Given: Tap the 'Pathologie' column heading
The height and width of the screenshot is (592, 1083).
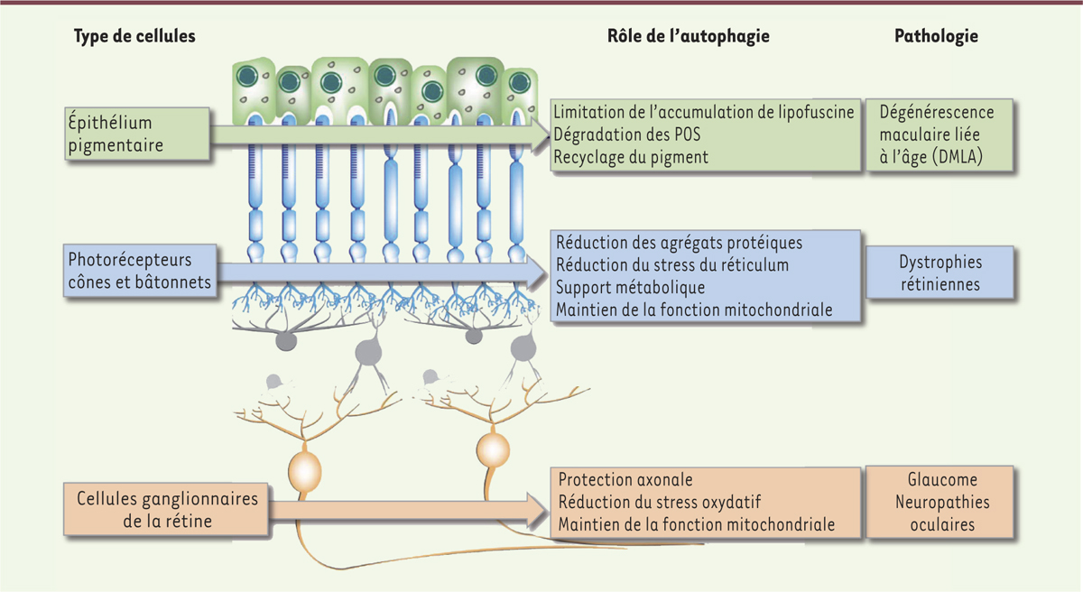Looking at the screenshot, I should (x=936, y=36).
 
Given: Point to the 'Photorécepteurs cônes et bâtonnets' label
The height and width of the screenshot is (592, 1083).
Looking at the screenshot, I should (x=139, y=271).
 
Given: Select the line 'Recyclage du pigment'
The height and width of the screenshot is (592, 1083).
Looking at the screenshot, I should (x=632, y=157).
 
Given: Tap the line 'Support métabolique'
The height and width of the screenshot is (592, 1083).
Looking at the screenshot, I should (x=631, y=288).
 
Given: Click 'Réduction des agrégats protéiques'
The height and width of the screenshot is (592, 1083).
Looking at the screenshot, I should (x=680, y=243).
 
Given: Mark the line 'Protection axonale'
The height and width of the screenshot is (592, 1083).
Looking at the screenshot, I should (x=625, y=480).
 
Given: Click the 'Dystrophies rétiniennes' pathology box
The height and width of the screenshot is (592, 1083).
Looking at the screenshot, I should (x=940, y=273).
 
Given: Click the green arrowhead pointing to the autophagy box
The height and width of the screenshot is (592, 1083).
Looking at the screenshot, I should (x=540, y=135).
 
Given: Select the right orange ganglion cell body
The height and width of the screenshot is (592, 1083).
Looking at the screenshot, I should (x=493, y=448).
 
